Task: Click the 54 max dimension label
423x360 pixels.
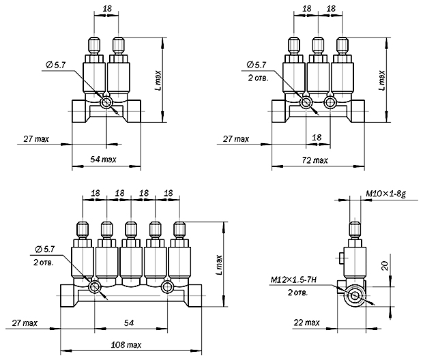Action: click(x=103, y=160)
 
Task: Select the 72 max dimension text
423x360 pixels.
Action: click(x=315, y=160)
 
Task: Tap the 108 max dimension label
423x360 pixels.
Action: click(x=126, y=344)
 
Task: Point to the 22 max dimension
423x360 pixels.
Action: click(x=306, y=322)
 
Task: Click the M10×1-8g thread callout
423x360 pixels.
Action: click(x=385, y=194)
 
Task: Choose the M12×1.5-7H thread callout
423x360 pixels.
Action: click(x=293, y=280)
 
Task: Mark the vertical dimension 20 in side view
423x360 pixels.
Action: click(x=385, y=266)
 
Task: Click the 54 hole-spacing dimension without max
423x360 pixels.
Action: click(x=129, y=322)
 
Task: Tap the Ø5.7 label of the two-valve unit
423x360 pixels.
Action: click(x=55, y=65)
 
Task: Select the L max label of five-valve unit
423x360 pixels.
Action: click(x=219, y=265)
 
